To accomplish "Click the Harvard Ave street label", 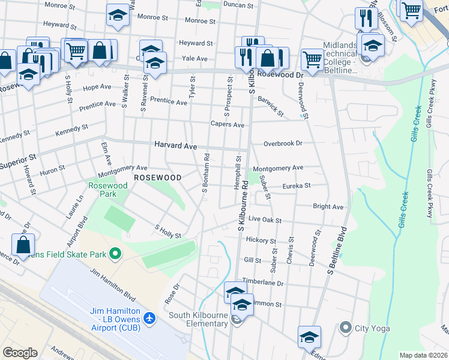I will point(175,146).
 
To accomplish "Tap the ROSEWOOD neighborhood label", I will point(157,178).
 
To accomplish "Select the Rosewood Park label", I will point(108,190).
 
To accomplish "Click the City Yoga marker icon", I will point(345,328).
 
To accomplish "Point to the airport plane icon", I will point(149,317).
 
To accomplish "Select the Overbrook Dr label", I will point(282,144).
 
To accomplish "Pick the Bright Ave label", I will point(328,207).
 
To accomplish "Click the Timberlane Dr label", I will point(262,282).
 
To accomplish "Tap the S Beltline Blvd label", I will point(337,251).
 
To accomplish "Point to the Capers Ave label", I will point(227,125).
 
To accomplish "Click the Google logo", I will point(20,353).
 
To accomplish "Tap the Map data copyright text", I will point(423,355).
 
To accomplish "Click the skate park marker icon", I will point(113,254).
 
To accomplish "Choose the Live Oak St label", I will point(265,220).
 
